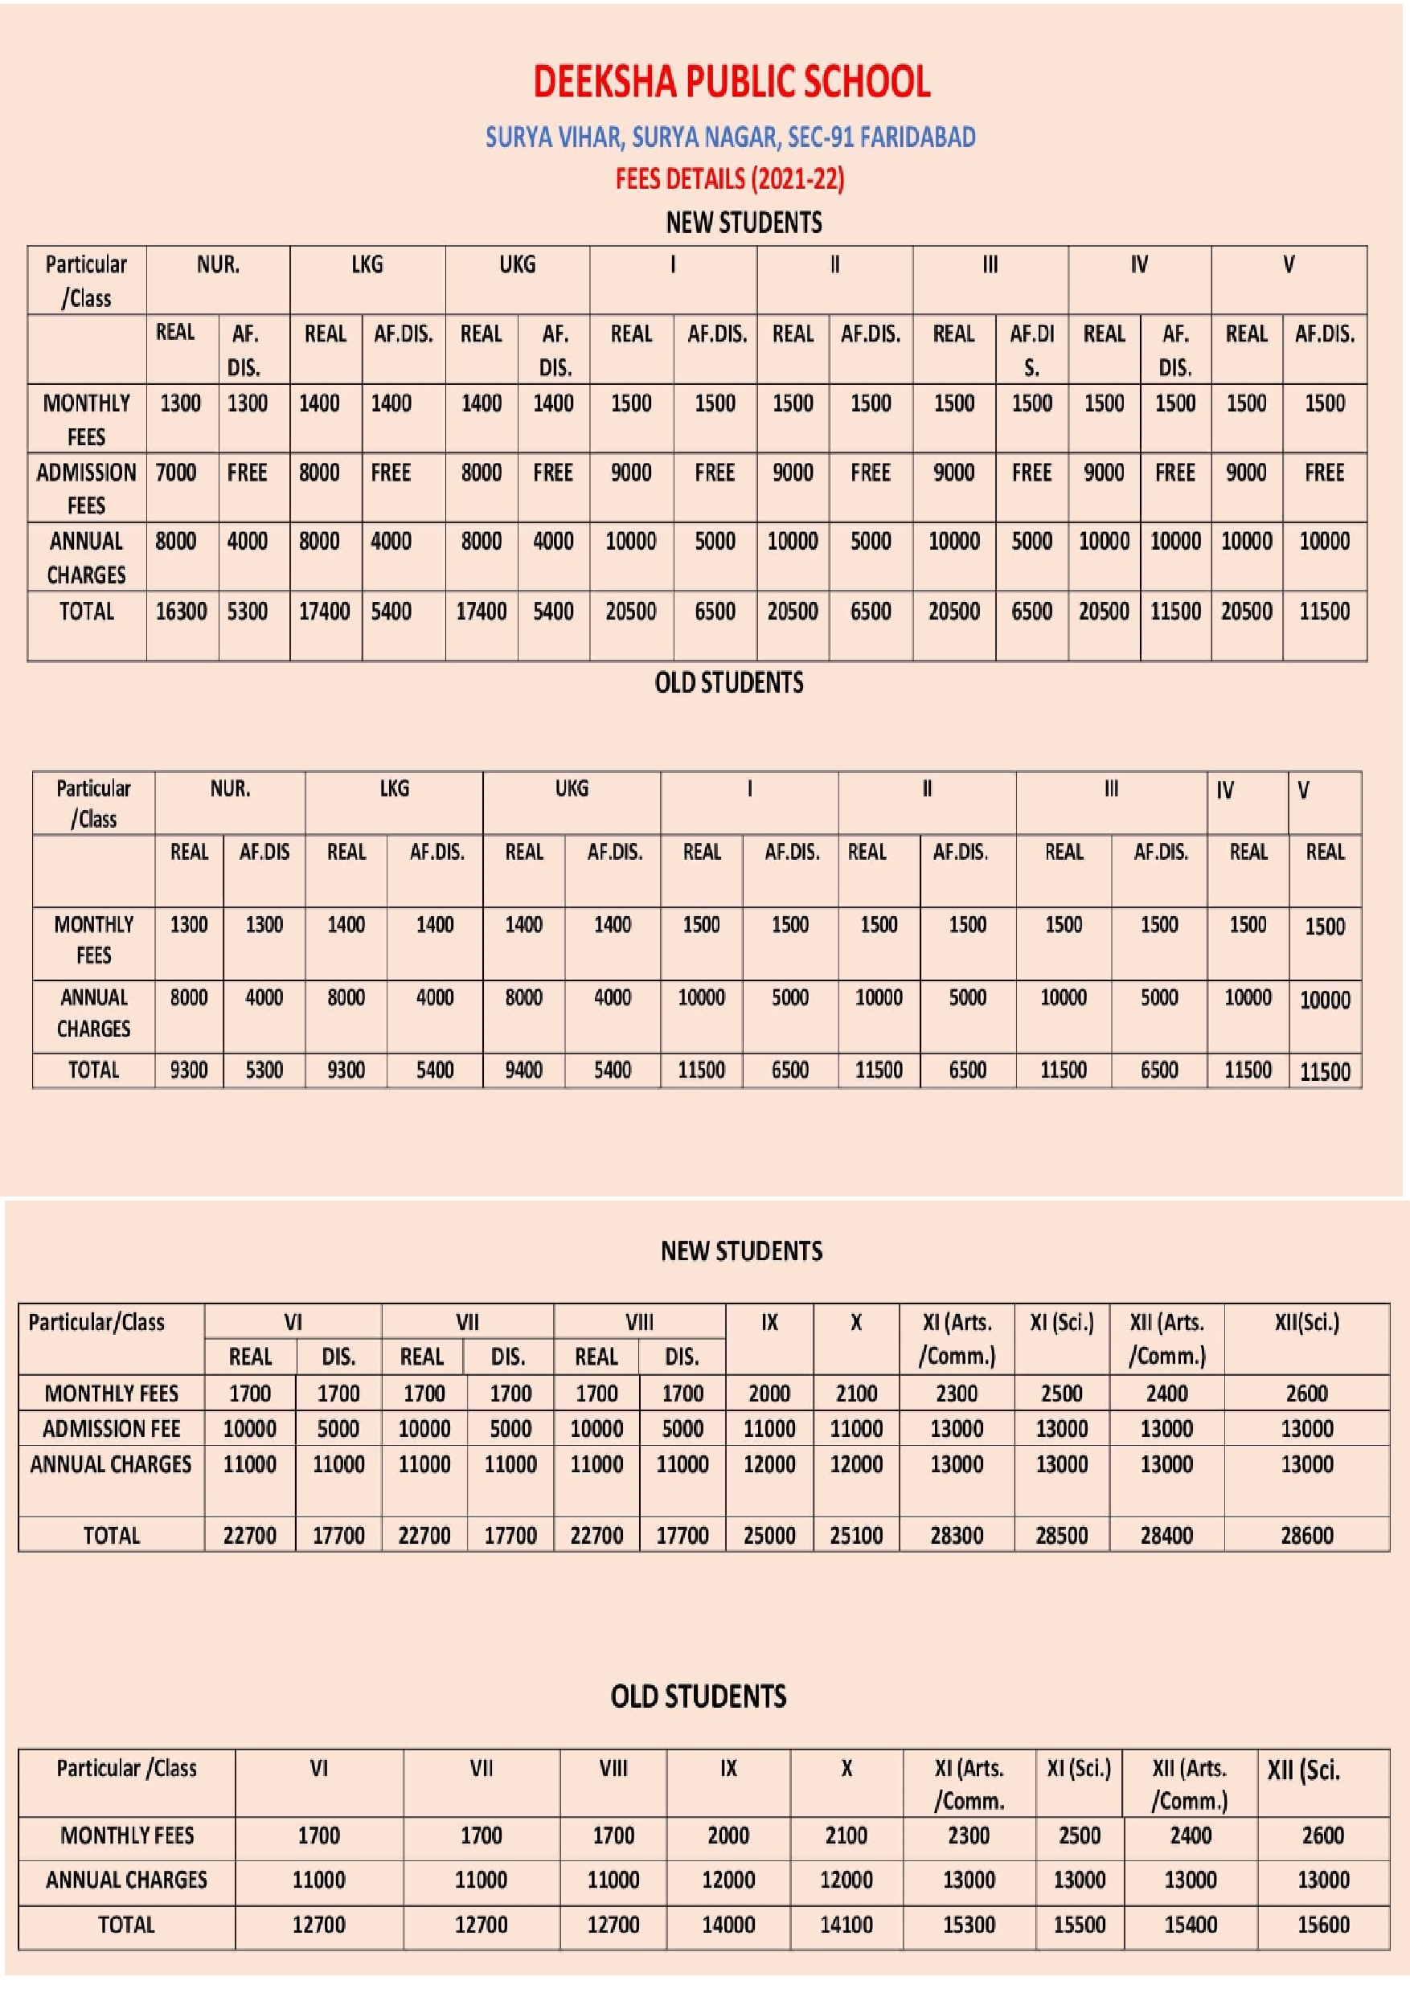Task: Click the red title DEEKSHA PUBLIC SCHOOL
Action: pos(731,82)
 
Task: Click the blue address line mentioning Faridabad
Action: pos(730,137)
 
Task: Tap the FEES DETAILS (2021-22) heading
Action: pos(729,179)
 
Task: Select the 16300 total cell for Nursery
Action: pos(181,611)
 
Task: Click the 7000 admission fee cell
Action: pos(175,473)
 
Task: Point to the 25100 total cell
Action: pos(855,1535)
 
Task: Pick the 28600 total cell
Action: pos(1305,1535)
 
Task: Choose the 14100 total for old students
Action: pos(846,1925)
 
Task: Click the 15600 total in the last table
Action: pos(1322,1925)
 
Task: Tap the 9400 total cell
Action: pos(523,1070)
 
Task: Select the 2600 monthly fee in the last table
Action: pos(1322,1835)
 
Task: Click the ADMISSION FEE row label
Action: pos(111,1429)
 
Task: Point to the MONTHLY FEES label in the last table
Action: pos(127,1835)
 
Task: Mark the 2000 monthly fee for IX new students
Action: pos(769,1394)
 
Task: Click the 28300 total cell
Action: pos(956,1535)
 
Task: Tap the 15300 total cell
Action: pos(968,1925)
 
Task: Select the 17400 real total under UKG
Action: pos(481,611)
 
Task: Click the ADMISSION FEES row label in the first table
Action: pos(86,488)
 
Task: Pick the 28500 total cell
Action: pos(1061,1535)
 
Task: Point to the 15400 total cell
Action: pos(1190,1925)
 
